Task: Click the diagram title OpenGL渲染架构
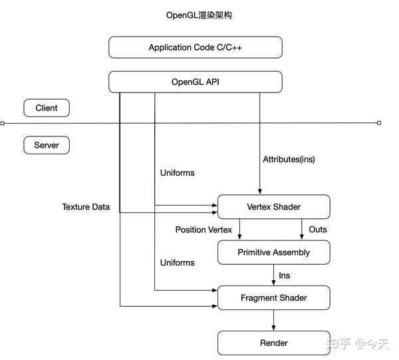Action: [199, 15]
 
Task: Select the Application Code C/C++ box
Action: [196, 47]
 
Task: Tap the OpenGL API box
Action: [196, 82]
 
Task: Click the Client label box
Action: [47, 108]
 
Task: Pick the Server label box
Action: [47, 144]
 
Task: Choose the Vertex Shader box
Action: [273, 206]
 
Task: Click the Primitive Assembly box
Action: [273, 252]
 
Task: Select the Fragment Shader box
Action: [273, 297]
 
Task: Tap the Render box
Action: [273, 343]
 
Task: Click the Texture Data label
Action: [86, 207]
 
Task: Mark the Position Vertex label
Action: [203, 230]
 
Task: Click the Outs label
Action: [318, 230]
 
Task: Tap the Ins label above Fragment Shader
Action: [284, 275]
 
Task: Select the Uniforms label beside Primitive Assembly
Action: [178, 263]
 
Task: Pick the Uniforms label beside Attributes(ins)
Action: [178, 172]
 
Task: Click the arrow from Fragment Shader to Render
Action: [273, 320]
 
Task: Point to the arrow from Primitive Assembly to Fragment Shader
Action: [273, 275]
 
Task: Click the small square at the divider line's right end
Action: [379, 123]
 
